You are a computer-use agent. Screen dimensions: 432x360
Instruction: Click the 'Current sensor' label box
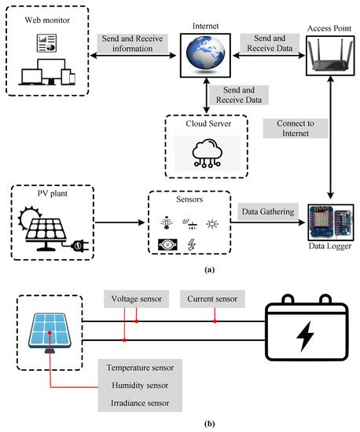(211, 298)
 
